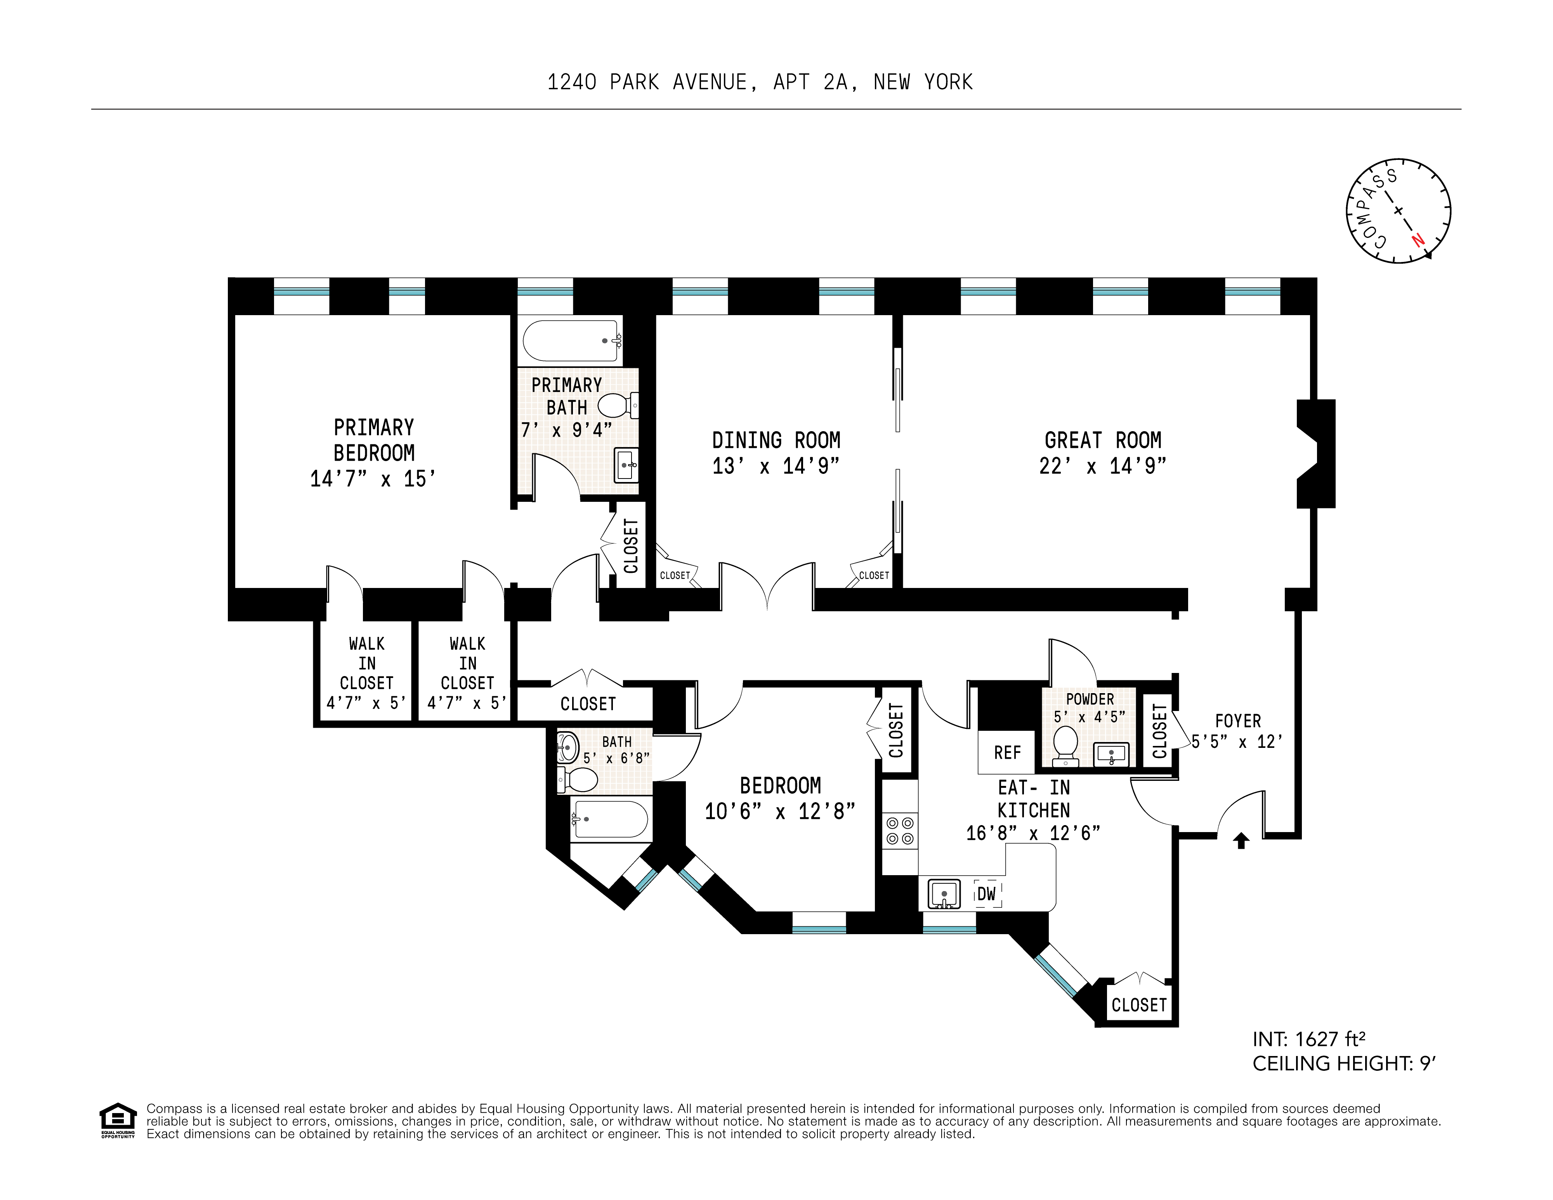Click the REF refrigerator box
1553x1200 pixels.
pos(1007,752)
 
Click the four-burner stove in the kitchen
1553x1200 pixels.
pos(899,831)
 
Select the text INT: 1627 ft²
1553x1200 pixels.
pos(1308,1039)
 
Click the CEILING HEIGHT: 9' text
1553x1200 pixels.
pos(1344,1063)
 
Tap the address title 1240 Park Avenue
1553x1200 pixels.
pos(760,82)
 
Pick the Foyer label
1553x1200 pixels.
pos(1237,721)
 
